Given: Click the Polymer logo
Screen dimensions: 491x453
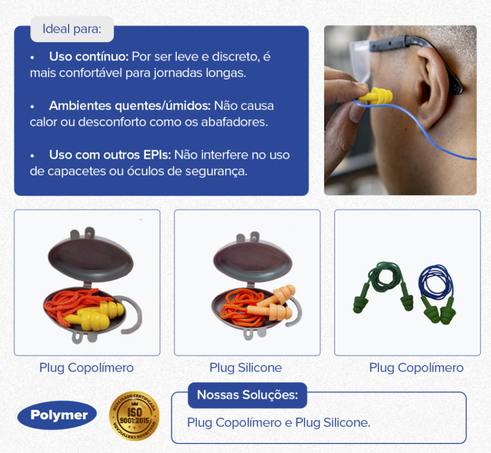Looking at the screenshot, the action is coord(57,415).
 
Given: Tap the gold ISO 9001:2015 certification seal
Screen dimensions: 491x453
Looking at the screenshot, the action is coord(134,416).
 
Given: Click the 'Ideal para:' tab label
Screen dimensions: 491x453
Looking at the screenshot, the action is coord(72,29).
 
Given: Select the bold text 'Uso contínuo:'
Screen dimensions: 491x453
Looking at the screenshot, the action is coord(89,57).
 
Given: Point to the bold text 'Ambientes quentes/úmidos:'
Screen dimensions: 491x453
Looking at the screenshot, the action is coord(130,106).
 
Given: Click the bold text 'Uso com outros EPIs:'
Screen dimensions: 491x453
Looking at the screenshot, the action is coord(110,155).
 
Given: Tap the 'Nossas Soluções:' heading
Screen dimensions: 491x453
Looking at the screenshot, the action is coord(247,395).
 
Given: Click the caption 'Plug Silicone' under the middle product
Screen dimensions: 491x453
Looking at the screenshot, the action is coord(246,368).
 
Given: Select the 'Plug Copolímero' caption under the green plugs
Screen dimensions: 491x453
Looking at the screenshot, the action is coord(416,368).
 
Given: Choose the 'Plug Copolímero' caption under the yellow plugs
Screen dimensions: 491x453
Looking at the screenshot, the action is coord(86,368).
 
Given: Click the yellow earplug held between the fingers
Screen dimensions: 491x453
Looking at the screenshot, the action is coord(376,95).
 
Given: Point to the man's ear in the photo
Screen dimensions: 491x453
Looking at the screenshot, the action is coord(432,84).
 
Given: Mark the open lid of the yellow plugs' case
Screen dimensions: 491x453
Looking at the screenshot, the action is coord(91,256).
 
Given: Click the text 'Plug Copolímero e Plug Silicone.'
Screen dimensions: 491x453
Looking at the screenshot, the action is coord(279,423).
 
